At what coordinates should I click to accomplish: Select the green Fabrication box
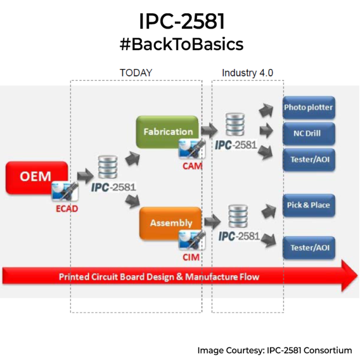pos(167,132)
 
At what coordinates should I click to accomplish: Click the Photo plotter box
pos(308,107)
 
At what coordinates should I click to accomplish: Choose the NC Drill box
pos(308,134)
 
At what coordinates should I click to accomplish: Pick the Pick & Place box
pos(308,205)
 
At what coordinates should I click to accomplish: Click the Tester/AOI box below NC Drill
pos(308,159)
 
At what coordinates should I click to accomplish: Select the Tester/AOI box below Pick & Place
pos(308,247)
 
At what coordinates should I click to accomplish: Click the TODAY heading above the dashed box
pos(136,73)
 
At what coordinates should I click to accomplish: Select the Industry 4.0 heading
pos(247,73)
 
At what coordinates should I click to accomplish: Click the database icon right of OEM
pos(108,167)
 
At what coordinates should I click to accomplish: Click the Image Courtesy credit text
pos(274,350)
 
